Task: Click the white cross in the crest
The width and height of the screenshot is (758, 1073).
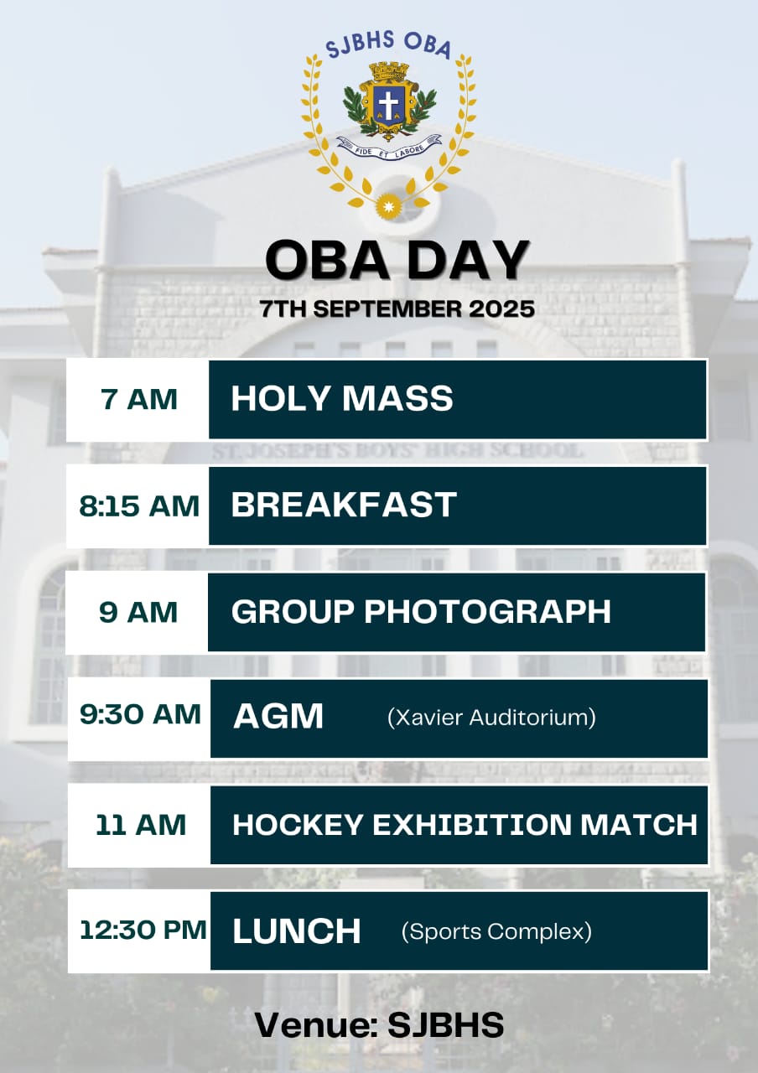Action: [388, 103]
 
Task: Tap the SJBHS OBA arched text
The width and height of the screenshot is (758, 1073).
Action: [388, 44]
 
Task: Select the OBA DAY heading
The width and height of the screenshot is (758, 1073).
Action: [397, 260]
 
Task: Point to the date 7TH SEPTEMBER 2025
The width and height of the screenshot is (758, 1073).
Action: [397, 308]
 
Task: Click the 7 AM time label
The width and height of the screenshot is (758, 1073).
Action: [139, 399]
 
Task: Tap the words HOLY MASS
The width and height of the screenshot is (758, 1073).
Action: [342, 398]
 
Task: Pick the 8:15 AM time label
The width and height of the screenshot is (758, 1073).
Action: [139, 505]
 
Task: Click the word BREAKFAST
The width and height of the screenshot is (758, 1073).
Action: [344, 505]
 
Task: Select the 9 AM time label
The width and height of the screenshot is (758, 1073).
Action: [138, 612]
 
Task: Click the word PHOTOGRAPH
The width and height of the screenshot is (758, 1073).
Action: [488, 611]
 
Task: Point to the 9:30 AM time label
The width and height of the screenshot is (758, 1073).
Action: [140, 714]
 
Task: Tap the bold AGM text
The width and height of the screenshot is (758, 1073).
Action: [278, 717]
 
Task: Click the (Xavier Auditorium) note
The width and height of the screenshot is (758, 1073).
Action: [491, 718]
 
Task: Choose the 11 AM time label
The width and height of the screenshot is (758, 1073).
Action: [141, 824]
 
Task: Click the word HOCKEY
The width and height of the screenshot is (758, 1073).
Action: [298, 824]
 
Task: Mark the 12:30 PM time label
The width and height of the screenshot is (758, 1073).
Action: [143, 930]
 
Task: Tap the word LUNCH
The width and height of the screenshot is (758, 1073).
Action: [297, 930]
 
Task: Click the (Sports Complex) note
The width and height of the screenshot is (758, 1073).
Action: [496, 931]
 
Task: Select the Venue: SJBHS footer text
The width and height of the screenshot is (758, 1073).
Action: [379, 1025]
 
